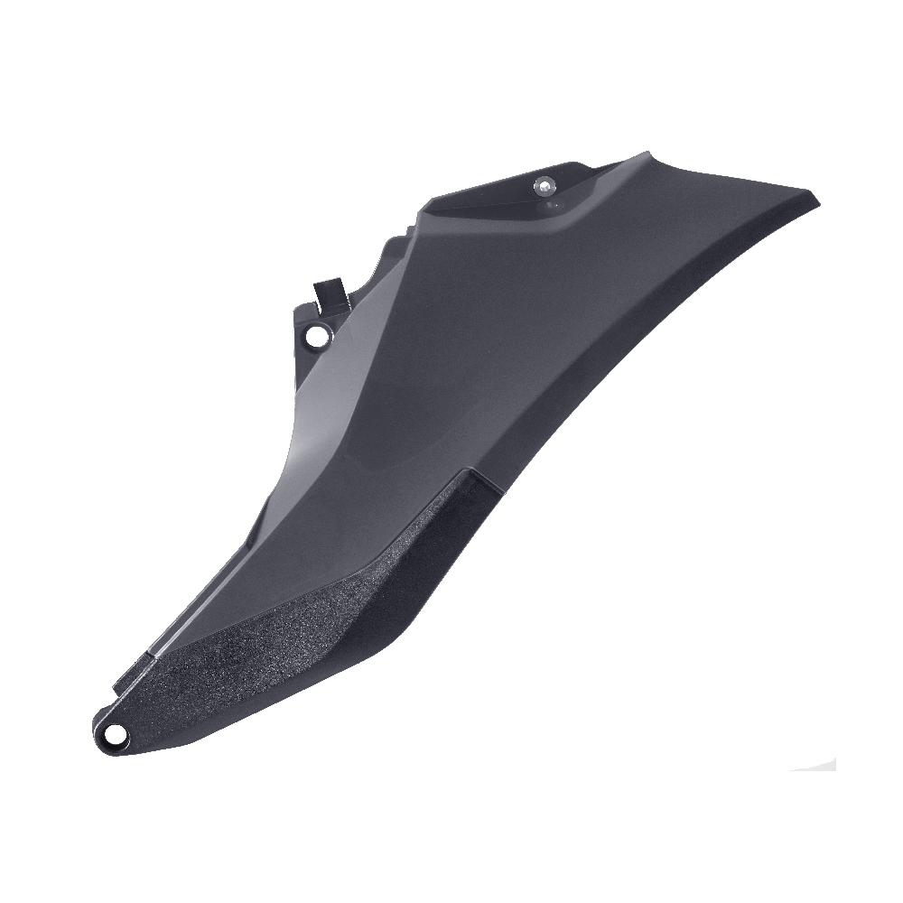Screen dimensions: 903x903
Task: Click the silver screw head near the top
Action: (543, 186)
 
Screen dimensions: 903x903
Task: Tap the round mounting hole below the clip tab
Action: (316, 337)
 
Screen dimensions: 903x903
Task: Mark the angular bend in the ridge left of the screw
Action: (424, 212)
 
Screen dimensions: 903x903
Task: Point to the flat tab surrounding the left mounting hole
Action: (307, 330)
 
